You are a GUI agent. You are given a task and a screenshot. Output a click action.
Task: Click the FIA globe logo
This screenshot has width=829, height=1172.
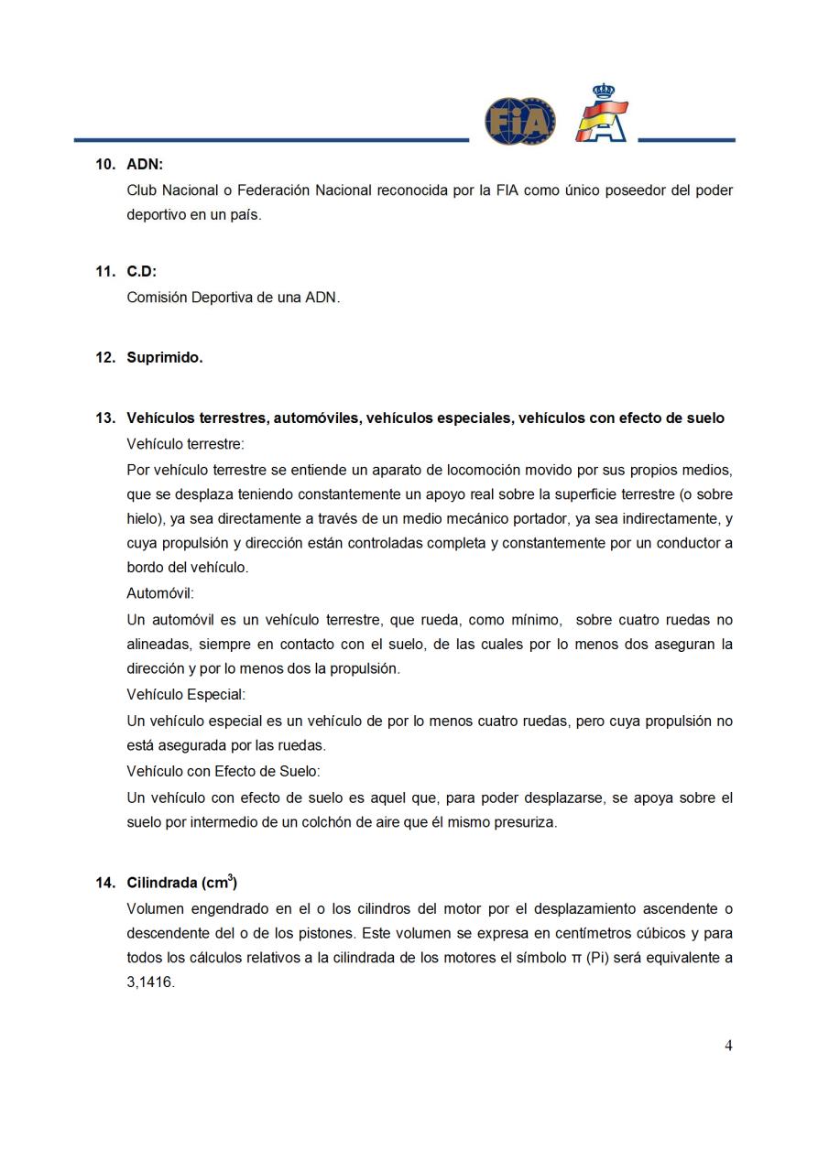519,121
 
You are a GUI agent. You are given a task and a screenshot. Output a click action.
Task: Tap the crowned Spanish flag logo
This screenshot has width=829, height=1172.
602,114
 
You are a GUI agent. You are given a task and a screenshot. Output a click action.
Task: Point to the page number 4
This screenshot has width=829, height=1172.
728,1046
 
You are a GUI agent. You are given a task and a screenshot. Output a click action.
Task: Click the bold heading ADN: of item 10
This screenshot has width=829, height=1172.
145,165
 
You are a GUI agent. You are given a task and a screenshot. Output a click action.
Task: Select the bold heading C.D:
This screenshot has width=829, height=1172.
142,272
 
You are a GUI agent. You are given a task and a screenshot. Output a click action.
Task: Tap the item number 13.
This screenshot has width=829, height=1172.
104,418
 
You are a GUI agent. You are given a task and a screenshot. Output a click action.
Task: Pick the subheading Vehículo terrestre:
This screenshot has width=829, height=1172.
186,444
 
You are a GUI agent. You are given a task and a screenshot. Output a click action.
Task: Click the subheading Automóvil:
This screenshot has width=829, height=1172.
160,593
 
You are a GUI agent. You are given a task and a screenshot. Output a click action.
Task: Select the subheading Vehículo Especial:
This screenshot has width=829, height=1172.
186,695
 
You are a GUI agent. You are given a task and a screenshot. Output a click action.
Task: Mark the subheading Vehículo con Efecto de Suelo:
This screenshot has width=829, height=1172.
224,772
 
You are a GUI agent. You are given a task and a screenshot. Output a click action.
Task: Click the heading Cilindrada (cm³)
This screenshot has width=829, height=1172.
181,883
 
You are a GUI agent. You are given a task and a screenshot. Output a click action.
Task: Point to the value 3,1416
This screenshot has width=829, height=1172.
150,982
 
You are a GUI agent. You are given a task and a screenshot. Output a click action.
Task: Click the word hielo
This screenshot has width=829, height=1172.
142,518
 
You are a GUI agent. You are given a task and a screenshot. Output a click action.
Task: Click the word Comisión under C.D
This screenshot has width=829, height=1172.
157,298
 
